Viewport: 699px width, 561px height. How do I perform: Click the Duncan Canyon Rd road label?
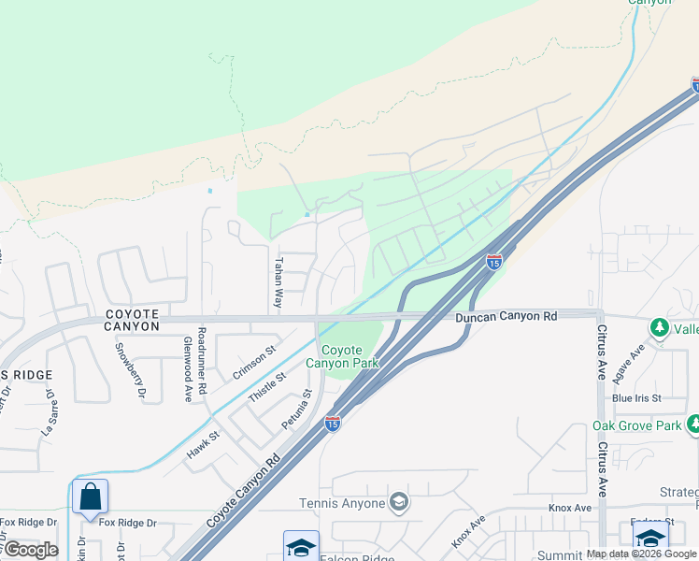coord(506,317)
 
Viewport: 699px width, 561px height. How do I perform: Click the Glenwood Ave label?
coord(188,369)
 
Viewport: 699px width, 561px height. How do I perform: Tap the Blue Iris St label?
coord(636,397)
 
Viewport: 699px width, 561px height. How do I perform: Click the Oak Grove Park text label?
coord(637,425)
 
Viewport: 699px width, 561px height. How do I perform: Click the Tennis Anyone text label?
coord(342,504)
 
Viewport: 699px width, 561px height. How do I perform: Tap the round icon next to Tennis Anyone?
coord(399,503)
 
